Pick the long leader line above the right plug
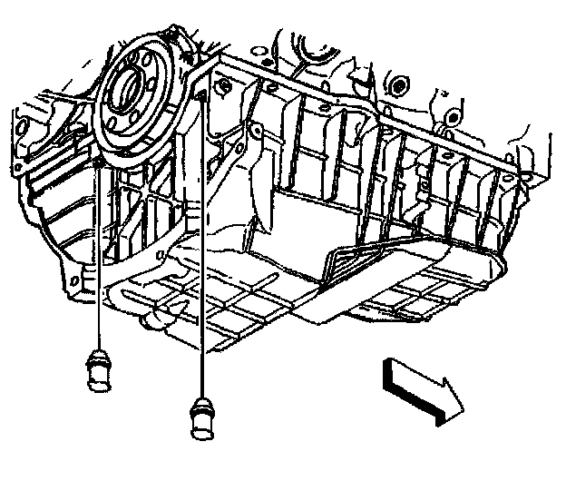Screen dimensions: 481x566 point(200,272)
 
